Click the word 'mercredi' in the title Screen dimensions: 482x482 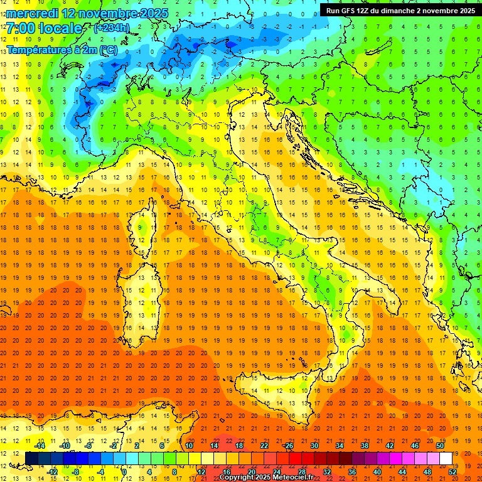(33, 13)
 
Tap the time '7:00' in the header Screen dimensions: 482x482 (20, 28)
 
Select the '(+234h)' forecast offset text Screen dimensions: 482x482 (112, 28)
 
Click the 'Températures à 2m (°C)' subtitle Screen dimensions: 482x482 (62, 49)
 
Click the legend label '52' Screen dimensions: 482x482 (452, 471)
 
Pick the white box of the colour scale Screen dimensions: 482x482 (446, 458)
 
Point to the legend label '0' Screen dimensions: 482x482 (124, 471)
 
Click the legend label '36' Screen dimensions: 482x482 (352, 471)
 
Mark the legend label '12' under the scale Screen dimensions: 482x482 (201, 471)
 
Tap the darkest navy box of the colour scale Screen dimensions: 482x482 (32, 458)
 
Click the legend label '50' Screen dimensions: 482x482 (439, 446)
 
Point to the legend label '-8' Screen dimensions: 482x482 (76, 471)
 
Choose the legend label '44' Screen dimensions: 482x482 (402, 471)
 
